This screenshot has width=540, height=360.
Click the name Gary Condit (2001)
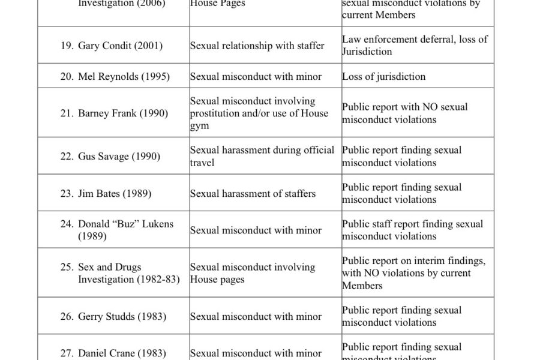point(120,46)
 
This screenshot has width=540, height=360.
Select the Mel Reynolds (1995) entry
point(124,76)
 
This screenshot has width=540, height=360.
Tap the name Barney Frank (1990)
point(123,113)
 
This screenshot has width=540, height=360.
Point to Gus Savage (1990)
point(119,156)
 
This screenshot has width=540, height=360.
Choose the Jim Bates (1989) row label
point(115,193)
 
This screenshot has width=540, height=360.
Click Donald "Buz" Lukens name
point(125,224)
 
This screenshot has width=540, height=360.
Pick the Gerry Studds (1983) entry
point(122,316)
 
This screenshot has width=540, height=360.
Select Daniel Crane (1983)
point(122,353)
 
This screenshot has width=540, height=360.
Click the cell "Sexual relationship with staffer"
point(257,46)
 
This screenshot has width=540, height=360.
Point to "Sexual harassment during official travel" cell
point(262,156)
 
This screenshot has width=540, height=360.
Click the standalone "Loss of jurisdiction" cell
point(383,76)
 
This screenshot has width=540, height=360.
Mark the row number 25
point(67,267)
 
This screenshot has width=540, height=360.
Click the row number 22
point(67,156)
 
